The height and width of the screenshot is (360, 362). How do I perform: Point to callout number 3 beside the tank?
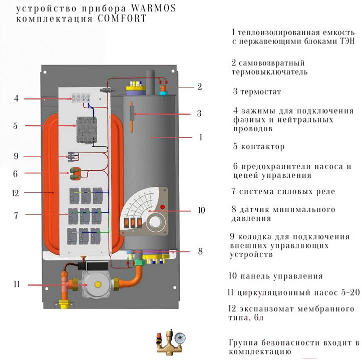pyautogui.click(x=199, y=113)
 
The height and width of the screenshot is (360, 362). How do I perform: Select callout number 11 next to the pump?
pyautogui.click(x=17, y=285)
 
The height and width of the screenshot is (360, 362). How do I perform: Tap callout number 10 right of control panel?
pyautogui.click(x=201, y=211)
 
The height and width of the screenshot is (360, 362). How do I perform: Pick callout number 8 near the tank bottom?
pyautogui.click(x=200, y=251)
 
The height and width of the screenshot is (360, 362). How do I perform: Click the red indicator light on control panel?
pyautogui.click(x=162, y=207)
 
